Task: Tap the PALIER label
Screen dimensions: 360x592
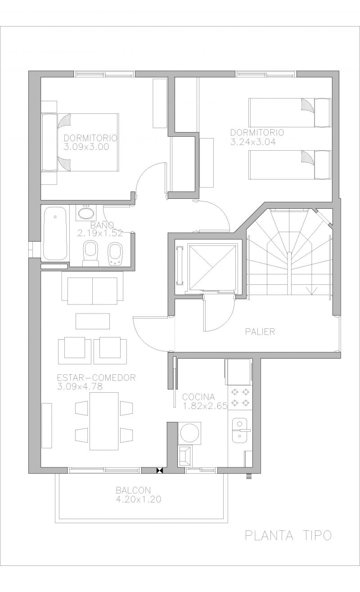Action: pyautogui.click(x=260, y=332)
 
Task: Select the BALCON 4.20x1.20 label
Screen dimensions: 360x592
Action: pyautogui.click(x=139, y=495)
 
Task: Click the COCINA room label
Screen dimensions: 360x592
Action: pyautogui.click(x=198, y=397)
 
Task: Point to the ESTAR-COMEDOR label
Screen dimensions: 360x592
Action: pyautogui.click(x=96, y=377)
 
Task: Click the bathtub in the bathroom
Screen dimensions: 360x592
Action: pyautogui.click(x=55, y=233)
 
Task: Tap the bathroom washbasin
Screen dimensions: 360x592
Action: pyautogui.click(x=86, y=213)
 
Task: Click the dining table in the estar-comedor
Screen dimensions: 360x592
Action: pyautogui.click(x=104, y=421)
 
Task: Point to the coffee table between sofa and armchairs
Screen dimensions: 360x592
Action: pyautogui.click(x=93, y=321)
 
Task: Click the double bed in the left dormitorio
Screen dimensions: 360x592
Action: pyautogui.click(x=80, y=143)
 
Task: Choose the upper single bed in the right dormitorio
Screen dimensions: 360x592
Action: pyautogui.click(x=290, y=113)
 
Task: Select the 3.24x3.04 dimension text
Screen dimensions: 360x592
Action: pyautogui.click(x=253, y=142)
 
